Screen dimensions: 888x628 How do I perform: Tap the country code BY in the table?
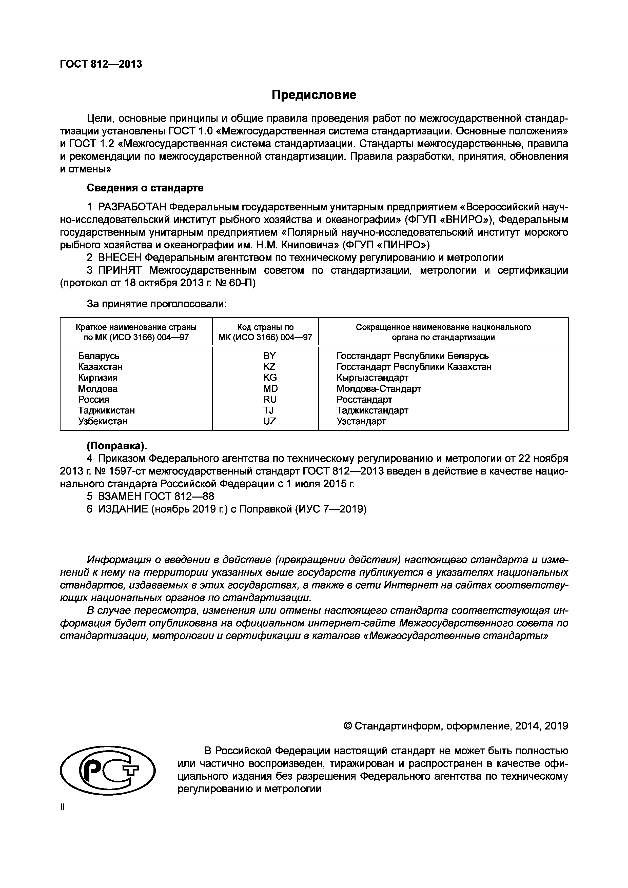(269, 356)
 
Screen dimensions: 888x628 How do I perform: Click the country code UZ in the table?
(269, 421)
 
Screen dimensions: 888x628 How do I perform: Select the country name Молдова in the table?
(98, 388)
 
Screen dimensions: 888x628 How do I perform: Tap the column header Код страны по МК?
(265, 332)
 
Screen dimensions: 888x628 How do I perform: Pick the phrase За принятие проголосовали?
(156, 304)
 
